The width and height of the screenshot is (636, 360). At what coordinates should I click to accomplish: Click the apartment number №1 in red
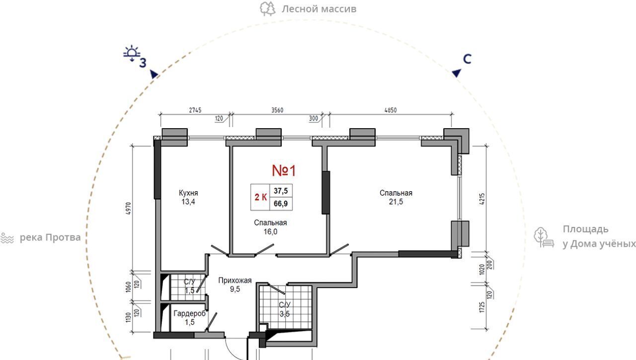284,170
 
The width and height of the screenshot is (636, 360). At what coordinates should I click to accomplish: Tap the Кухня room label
188,193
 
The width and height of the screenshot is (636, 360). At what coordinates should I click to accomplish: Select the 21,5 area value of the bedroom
396,202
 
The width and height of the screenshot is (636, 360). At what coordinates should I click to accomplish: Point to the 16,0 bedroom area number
270,232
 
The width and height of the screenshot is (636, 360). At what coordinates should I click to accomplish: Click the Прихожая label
235,280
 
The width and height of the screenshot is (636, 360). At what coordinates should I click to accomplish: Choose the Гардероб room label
189,313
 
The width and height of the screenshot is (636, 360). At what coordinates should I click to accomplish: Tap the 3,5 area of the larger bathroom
285,314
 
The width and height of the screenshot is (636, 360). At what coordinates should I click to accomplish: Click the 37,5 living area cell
281,191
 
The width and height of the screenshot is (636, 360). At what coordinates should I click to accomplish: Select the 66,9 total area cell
281,204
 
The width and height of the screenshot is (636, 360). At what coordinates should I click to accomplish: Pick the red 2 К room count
261,197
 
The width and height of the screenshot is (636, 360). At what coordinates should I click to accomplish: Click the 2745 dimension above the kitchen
195,110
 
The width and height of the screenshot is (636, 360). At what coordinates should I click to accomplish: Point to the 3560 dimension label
277,110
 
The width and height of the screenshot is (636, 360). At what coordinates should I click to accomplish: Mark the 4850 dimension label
391,110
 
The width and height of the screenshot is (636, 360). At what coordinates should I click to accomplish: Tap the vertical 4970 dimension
128,208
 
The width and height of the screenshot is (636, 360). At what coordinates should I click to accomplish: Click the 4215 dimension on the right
482,199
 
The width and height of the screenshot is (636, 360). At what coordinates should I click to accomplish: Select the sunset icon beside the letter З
132,53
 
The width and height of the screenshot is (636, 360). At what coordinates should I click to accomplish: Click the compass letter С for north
467,59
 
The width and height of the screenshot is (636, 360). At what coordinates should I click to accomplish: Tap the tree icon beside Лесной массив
267,9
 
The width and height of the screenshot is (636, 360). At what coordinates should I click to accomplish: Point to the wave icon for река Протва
7,238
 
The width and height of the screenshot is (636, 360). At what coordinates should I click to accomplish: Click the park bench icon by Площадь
544,237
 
